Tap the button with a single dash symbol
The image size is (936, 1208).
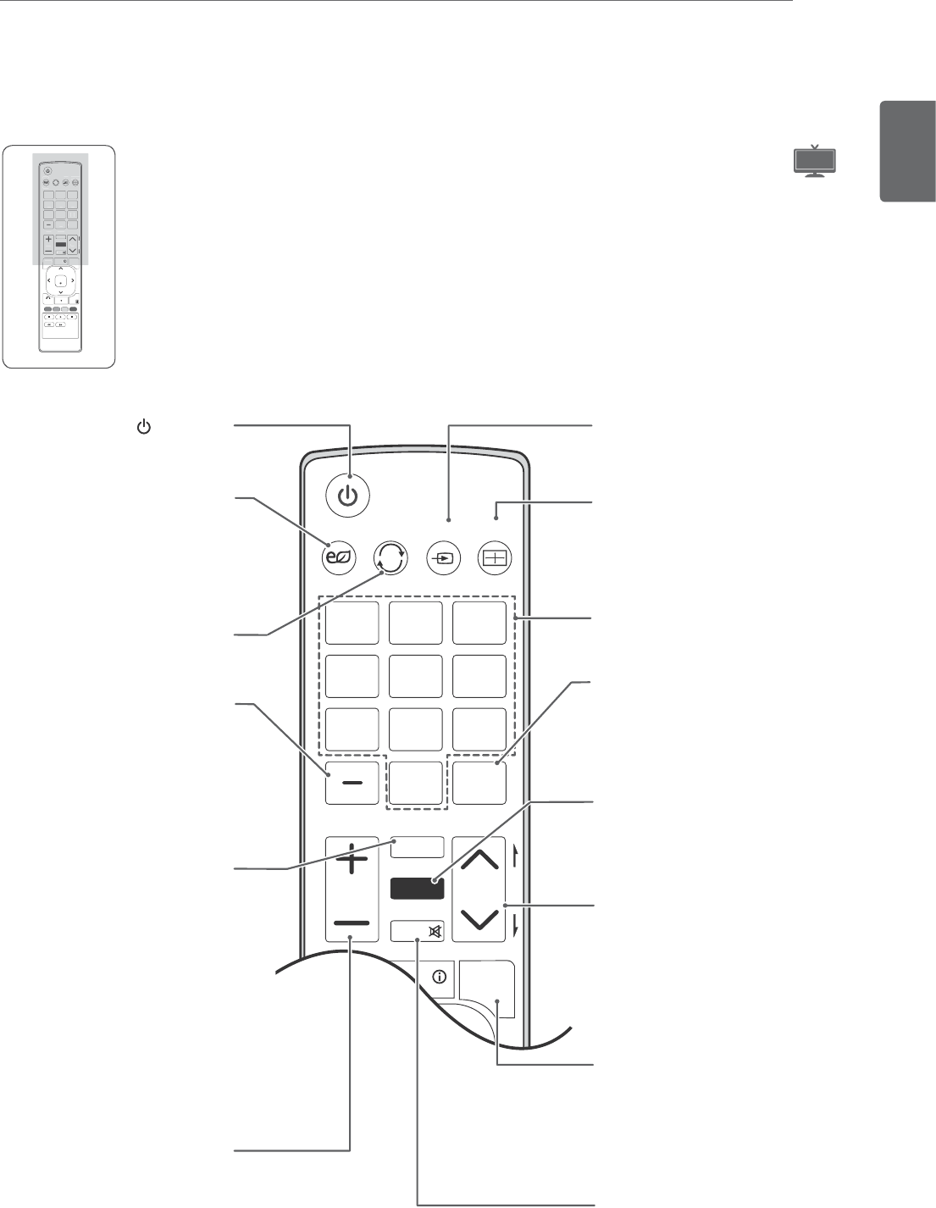click(352, 783)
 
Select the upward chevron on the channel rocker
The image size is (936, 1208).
click(479, 862)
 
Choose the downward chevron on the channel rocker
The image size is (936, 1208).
click(479, 918)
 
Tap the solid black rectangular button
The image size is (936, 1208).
click(417, 889)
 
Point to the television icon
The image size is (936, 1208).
click(814, 161)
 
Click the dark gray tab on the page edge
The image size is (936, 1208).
click(908, 152)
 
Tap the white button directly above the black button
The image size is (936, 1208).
click(418, 847)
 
